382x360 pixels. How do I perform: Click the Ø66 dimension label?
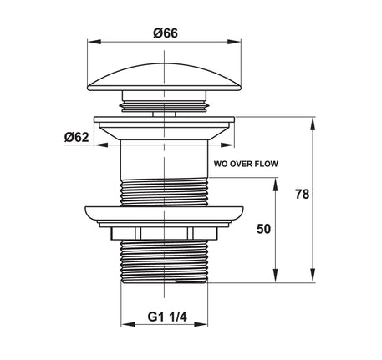tap(166, 33)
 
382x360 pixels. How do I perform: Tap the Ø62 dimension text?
tap(77, 137)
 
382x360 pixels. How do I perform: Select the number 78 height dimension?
tap(303, 194)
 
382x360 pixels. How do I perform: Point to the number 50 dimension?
tap(263, 229)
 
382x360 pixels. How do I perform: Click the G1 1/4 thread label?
tap(167, 317)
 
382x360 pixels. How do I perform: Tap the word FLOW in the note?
tap(267, 164)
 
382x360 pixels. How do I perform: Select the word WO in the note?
tap(221, 164)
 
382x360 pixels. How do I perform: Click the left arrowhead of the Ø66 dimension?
tap(94, 42)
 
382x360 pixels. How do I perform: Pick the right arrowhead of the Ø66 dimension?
tap(234, 42)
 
